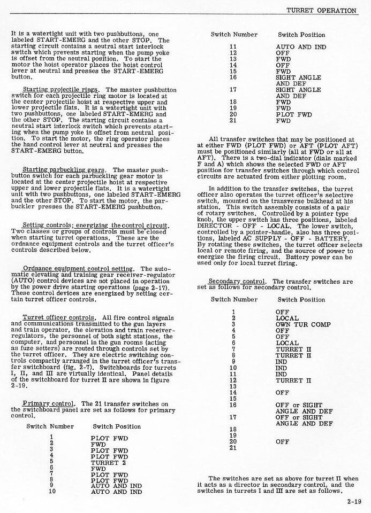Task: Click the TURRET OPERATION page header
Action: pos(321,10)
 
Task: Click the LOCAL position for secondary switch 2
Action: pos(287,318)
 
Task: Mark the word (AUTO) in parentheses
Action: pos(21,286)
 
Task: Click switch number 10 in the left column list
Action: pos(51,491)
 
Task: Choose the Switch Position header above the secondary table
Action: pos(301,300)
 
